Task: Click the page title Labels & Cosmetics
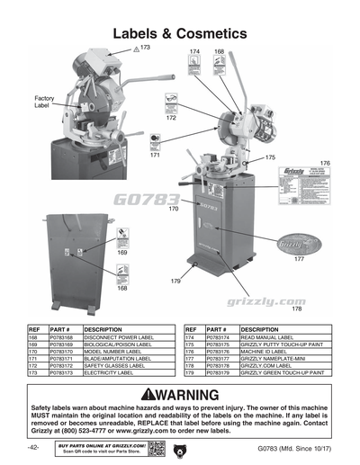180,33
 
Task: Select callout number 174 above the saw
194,53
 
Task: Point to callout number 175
269,157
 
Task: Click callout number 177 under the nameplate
299,259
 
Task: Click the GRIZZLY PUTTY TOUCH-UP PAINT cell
287,345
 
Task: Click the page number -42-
32,447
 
